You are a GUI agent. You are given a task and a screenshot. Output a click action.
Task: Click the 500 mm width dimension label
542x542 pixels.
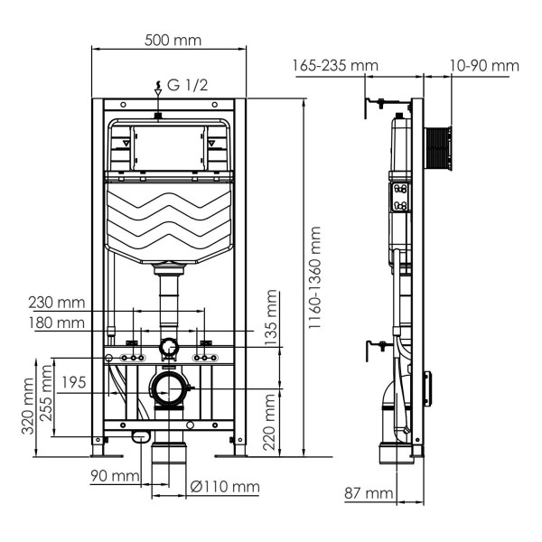click(173, 40)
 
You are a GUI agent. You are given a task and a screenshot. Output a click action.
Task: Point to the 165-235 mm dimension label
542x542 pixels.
click(335, 65)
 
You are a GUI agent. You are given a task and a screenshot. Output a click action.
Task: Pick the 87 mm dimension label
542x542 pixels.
click(369, 493)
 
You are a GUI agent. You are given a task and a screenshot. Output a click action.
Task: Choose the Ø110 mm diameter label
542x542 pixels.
click(226, 488)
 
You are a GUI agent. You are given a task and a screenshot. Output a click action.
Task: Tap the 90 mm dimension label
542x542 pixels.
click(114, 476)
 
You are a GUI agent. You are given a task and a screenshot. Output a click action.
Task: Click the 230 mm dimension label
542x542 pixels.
click(57, 303)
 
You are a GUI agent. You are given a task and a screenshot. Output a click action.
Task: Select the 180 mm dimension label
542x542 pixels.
click(57, 322)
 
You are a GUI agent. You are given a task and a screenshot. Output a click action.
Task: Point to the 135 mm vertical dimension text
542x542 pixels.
click(272, 316)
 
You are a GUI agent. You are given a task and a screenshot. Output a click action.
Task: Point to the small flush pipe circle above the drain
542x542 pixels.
click(168, 347)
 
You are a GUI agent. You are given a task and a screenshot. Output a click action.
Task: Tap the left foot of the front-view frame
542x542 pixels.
click(98, 447)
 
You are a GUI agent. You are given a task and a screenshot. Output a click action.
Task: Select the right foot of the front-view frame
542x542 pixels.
click(239, 447)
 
